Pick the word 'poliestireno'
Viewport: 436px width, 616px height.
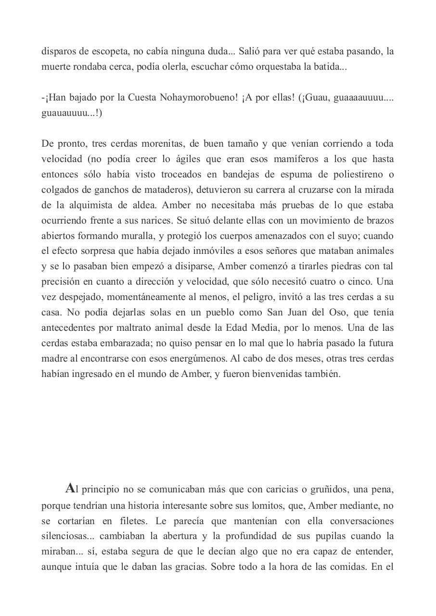click(x=357, y=175)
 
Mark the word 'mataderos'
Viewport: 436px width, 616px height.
click(x=168, y=190)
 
